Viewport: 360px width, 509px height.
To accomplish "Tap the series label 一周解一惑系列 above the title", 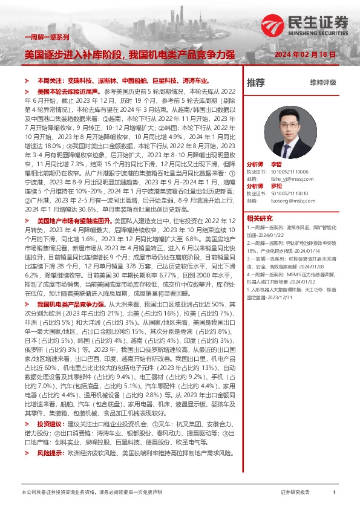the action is click(x=46, y=37).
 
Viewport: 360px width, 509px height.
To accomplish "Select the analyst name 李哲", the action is click(x=276, y=164).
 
